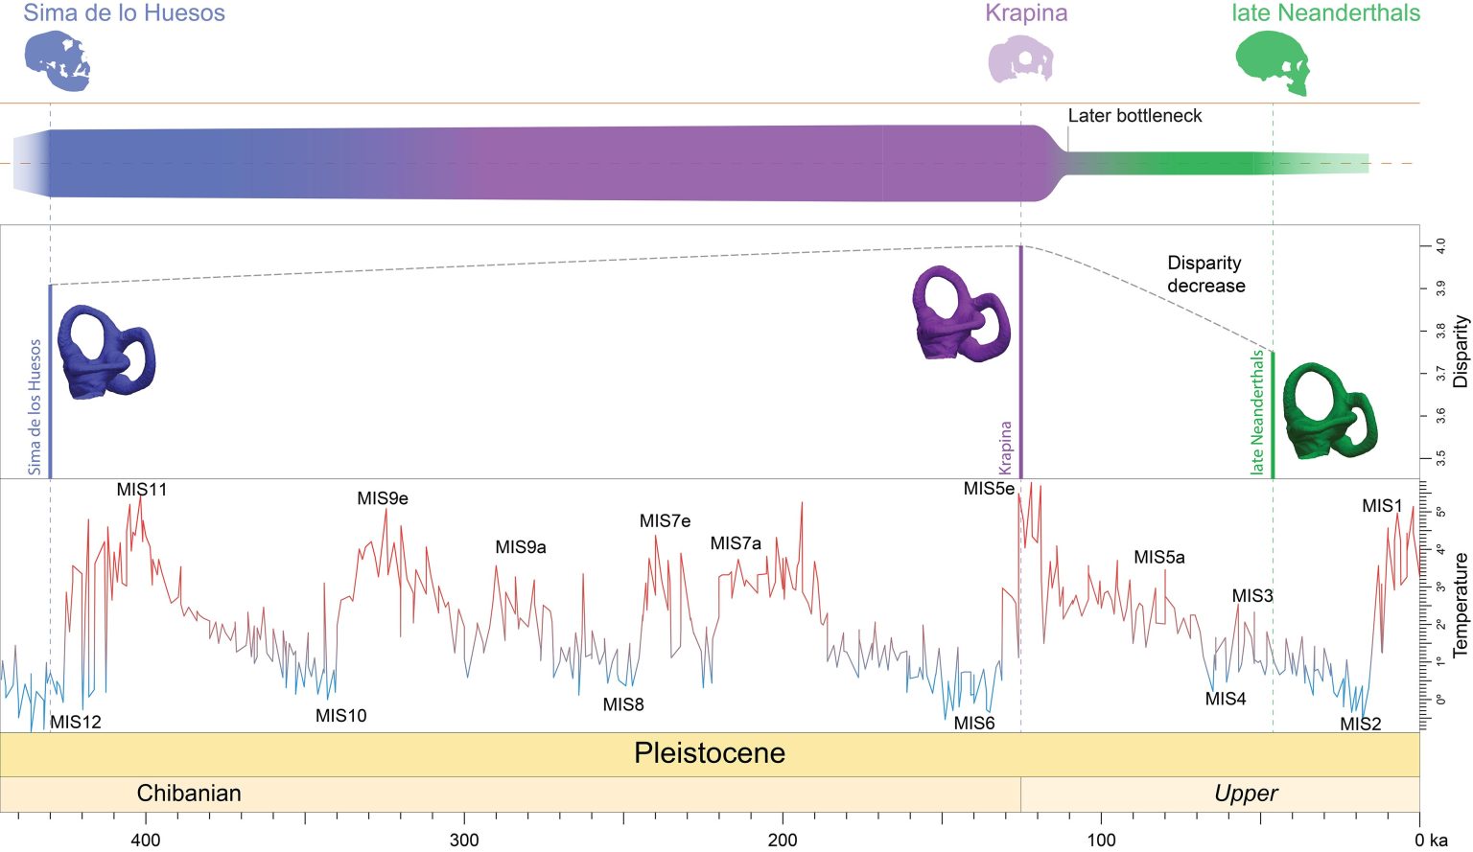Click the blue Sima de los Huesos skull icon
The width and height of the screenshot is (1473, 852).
[x=58, y=60]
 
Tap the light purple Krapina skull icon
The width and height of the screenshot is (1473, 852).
[x=1021, y=59]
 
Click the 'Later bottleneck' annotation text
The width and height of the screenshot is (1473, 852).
[x=1134, y=116]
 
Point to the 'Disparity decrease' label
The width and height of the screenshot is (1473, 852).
[x=1205, y=274]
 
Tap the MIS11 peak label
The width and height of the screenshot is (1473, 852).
[x=142, y=490]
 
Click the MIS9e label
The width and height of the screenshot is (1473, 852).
[x=383, y=498]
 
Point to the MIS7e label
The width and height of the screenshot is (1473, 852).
[x=665, y=521]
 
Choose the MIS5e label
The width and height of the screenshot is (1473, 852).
[x=989, y=489]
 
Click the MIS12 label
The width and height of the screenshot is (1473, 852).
[x=76, y=722]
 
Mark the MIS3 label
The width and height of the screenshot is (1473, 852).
[x=1252, y=596]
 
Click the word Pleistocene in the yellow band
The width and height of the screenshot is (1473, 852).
[x=709, y=753]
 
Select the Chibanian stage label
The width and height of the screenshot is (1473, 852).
[x=189, y=794]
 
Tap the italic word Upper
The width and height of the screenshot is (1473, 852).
[x=1246, y=794]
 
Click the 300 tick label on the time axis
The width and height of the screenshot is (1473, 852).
[x=464, y=840]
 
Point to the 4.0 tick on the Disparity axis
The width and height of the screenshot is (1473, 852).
[x=1440, y=246]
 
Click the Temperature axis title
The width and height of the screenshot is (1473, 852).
[x=1461, y=605]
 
